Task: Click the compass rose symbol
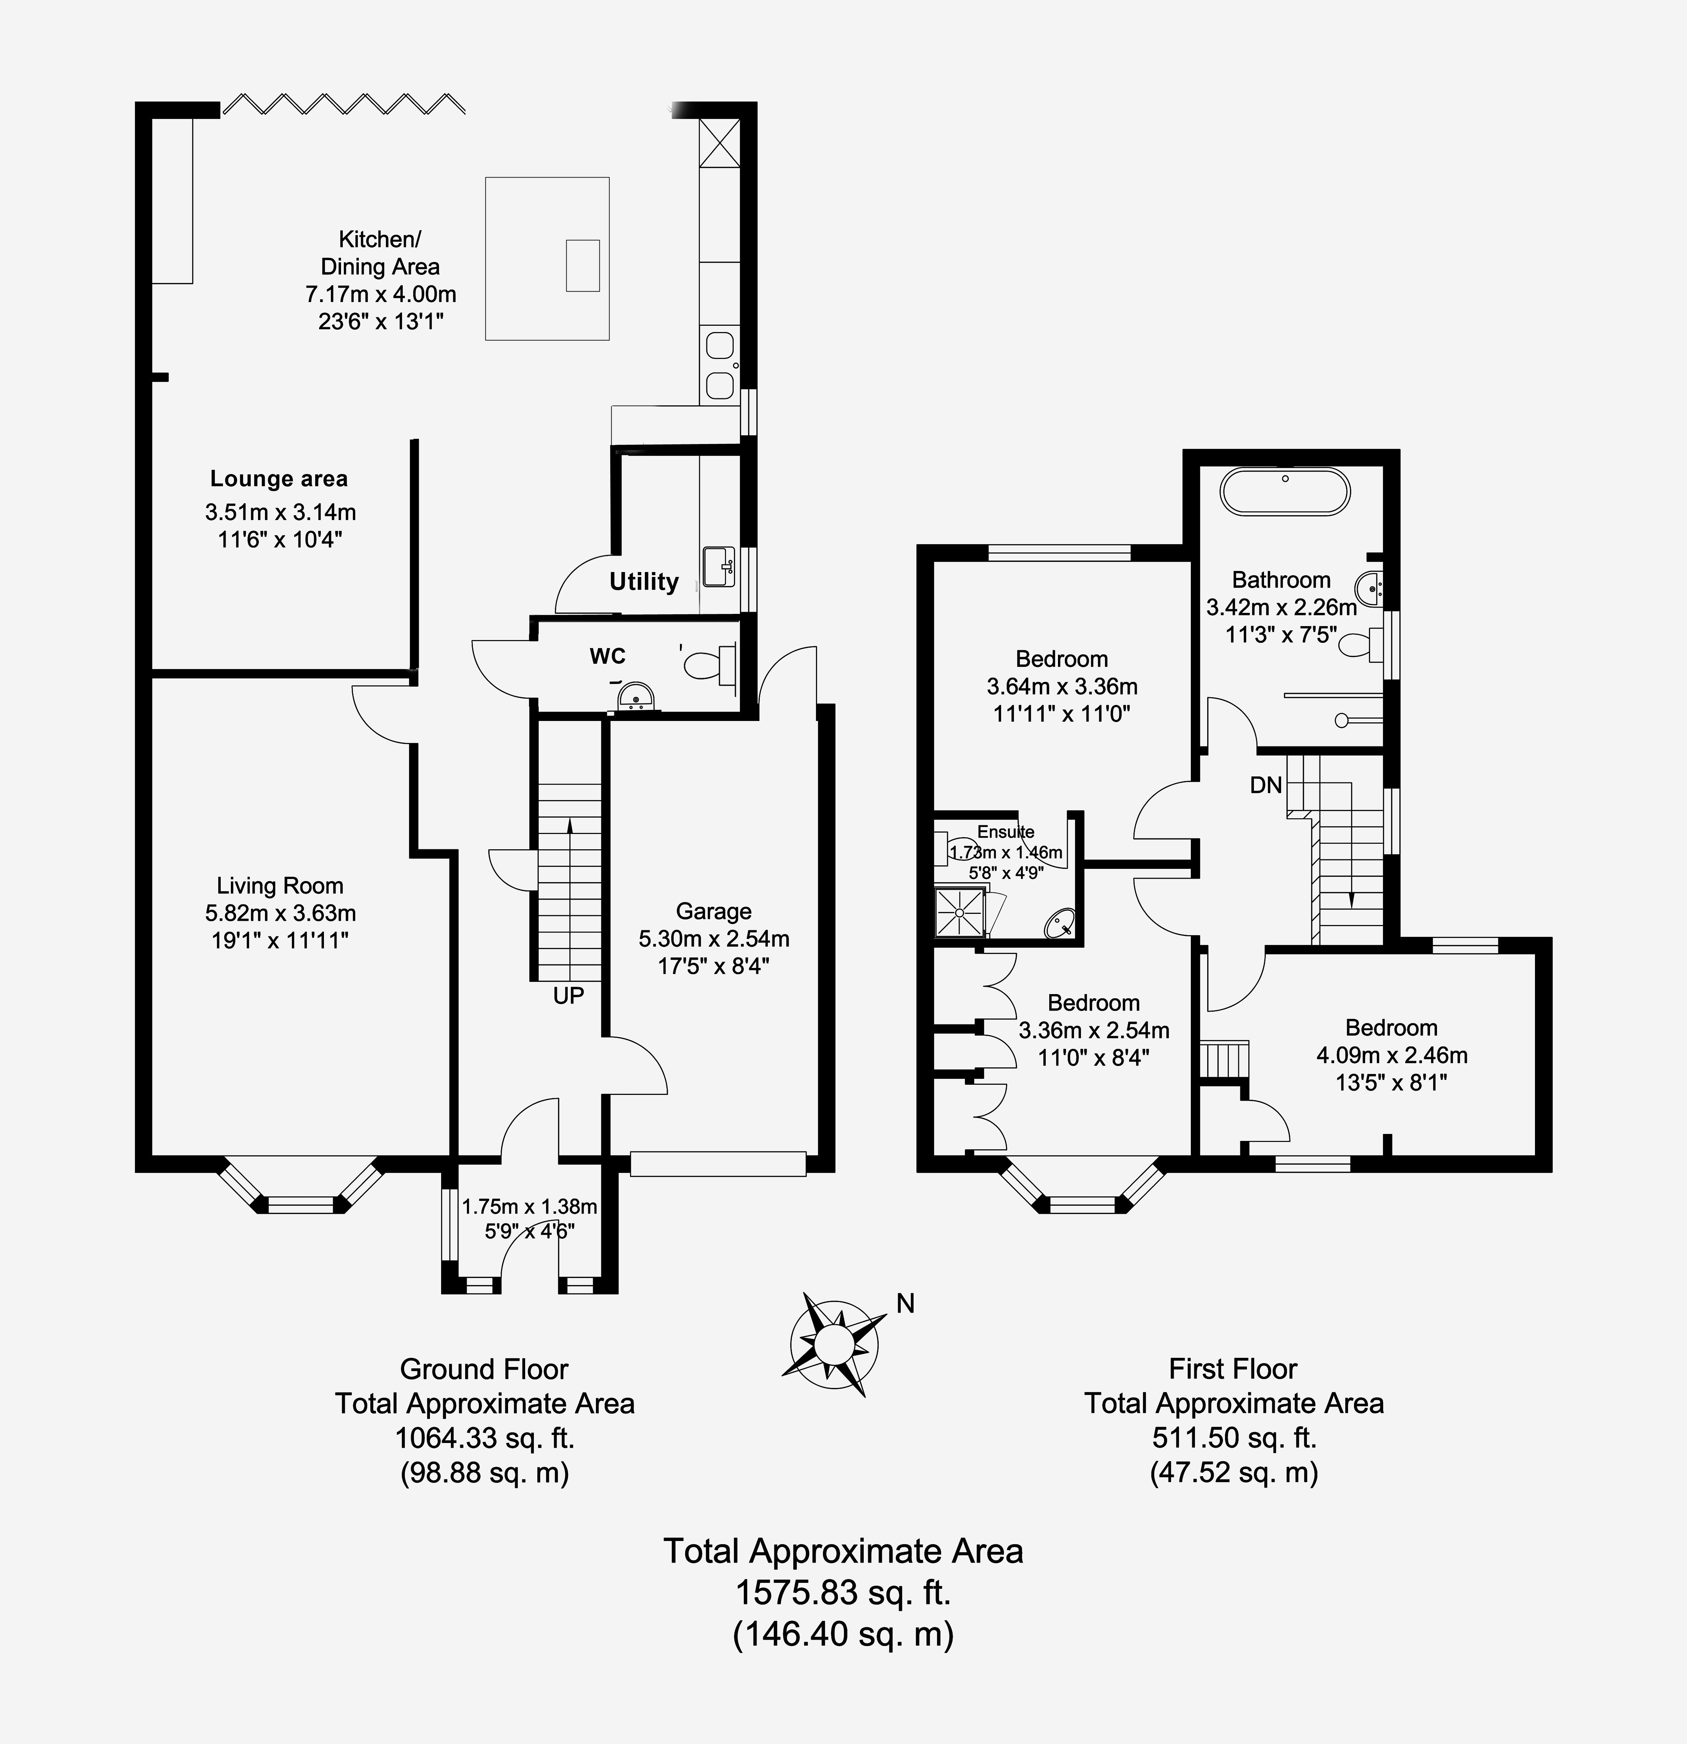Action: coord(834,1344)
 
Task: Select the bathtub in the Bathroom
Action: coord(1285,491)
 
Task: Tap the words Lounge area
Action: coord(279,479)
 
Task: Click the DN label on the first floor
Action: coord(1266,785)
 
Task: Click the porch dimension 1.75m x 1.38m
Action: coord(529,1206)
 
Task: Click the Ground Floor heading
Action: coord(484,1368)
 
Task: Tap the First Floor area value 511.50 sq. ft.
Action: coord(1234,1437)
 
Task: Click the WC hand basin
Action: coord(635,697)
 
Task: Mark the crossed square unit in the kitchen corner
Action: coord(720,142)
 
